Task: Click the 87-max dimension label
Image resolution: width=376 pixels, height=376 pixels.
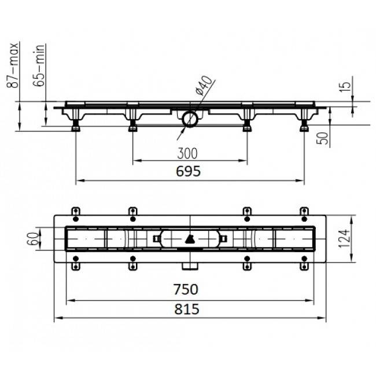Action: (x=13, y=65)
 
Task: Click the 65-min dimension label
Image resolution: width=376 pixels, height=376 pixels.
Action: (x=39, y=65)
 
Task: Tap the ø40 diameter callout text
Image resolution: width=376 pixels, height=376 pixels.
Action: (x=204, y=85)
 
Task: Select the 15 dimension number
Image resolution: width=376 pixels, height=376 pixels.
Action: (x=345, y=87)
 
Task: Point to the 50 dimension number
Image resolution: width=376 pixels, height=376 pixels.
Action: (x=323, y=138)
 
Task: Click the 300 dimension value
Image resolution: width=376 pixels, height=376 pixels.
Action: (x=187, y=153)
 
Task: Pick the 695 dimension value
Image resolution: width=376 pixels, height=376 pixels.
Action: (x=188, y=171)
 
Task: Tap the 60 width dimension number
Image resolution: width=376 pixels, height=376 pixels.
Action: (x=33, y=238)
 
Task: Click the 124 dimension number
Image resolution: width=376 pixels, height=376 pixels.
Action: (x=344, y=238)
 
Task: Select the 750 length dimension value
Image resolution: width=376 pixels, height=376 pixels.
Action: (x=186, y=289)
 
